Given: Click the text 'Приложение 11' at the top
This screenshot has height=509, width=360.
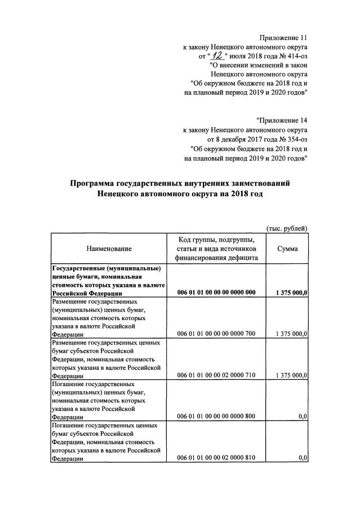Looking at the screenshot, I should [x=283, y=37].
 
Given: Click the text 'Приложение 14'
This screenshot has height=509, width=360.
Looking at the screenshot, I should [x=282, y=120].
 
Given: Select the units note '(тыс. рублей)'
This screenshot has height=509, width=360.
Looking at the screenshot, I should [x=286, y=228].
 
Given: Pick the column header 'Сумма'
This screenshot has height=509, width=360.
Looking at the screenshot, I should [x=287, y=249].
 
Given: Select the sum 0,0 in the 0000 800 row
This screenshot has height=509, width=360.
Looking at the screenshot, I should [x=302, y=416].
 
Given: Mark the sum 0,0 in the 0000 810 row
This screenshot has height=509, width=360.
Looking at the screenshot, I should [x=302, y=458].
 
